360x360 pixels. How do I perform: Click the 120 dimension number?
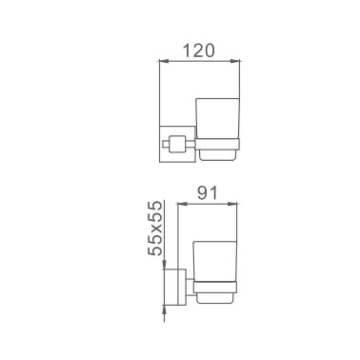pyautogui.click(x=199, y=51)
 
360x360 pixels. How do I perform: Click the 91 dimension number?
pyautogui.click(x=207, y=193)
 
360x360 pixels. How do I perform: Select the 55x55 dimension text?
pyautogui.click(x=155, y=228)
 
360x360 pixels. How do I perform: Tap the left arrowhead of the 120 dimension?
pyautogui.click(x=164, y=61)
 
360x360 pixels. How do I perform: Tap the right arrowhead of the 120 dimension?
pyautogui.click(x=235, y=61)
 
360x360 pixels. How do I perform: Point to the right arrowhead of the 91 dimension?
pyautogui.click(x=232, y=204)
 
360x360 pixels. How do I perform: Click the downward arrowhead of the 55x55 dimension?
pyautogui.click(x=164, y=264)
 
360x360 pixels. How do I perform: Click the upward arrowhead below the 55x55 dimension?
pyautogui.click(x=164, y=310)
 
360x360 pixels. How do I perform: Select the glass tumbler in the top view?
pyautogui.click(x=218, y=118)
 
